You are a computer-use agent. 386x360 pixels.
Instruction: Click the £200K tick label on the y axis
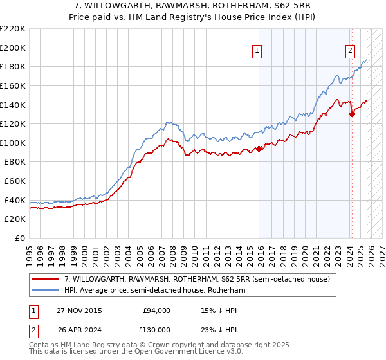12,48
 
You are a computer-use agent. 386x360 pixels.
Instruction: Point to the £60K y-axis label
14,181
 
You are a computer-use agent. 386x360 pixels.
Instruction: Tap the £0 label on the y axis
19,239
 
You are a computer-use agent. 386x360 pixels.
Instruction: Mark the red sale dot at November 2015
259,148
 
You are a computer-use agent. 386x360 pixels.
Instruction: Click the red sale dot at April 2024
352,114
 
